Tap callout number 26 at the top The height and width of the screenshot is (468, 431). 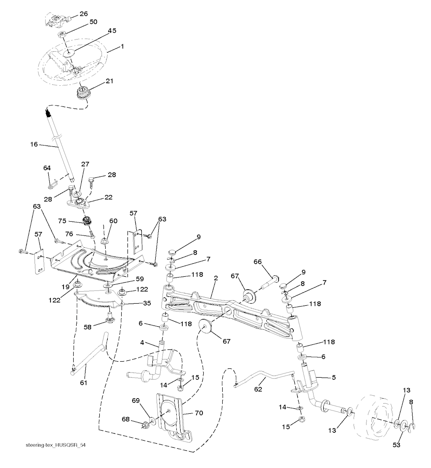pyautogui.click(x=84, y=14)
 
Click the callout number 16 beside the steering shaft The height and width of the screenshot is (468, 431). pyautogui.click(x=34, y=144)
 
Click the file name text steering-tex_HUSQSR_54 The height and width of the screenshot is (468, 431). pyautogui.click(x=57, y=445)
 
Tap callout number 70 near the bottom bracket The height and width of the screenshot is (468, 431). pyautogui.click(x=199, y=413)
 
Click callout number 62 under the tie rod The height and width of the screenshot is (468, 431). pyautogui.click(x=258, y=389)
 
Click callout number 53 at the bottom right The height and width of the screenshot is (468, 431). pyautogui.click(x=396, y=445)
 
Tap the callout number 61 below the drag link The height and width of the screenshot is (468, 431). pyautogui.click(x=83, y=382)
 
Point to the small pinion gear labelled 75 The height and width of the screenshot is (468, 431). pyautogui.click(x=88, y=221)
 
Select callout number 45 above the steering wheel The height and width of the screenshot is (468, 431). pyautogui.click(x=112, y=30)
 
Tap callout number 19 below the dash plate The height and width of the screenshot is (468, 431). pyautogui.click(x=65, y=287)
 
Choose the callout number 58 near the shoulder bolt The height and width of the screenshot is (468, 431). pyautogui.click(x=87, y=327)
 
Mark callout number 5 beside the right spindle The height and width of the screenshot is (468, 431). pyautogui.click(x=334, y=377)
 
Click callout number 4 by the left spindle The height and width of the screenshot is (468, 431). pyautogui.click(x=142, y=343)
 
